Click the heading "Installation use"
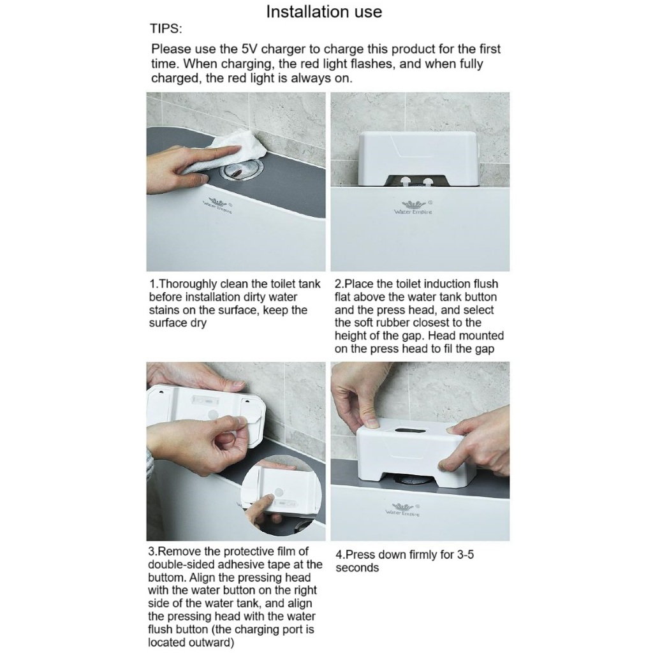tap(324, 11)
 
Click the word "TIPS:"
tap(166, 29)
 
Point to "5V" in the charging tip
tap(250, 49)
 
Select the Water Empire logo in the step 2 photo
tap(413, 207)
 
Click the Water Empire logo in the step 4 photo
tap(403, 510)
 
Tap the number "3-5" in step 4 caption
tap(465, 554)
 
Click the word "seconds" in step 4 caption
tap(357, 568)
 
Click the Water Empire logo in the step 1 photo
tap(218, 205)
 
